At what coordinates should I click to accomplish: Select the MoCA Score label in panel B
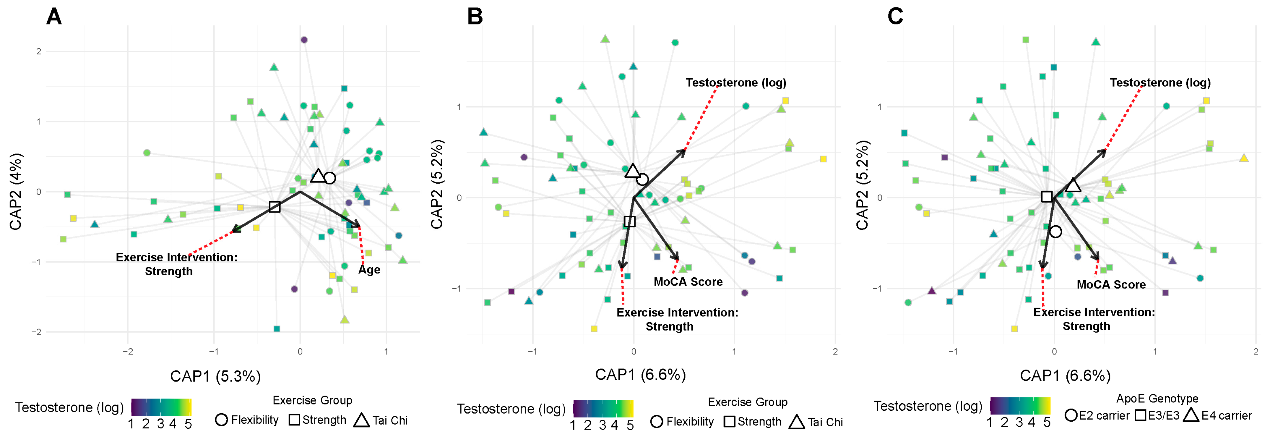(688, 282)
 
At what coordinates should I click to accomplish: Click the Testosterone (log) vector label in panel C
(1160, 82)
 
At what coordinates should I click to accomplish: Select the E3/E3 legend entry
(1157, 415)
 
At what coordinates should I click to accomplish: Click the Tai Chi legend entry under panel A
(381, 420)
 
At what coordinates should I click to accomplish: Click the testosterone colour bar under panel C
(1019, 406)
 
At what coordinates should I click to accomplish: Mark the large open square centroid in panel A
(275, 207)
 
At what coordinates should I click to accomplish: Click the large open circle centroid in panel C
(1055, 232)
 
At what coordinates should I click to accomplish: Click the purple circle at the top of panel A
(304, 40)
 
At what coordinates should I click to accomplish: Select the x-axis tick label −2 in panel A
(128, 352)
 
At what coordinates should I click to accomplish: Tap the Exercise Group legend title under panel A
(312, 400)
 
